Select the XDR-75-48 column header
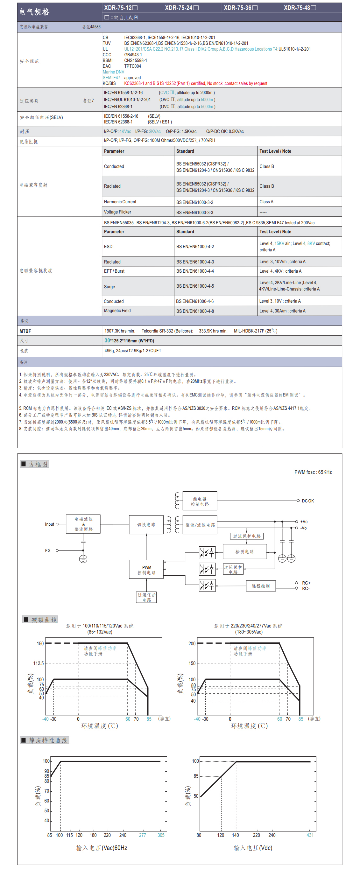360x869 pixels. (300, 7)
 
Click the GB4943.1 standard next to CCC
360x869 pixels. (133, 55)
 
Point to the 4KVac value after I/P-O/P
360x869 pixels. (125, 131)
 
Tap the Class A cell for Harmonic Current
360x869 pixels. (266, 202)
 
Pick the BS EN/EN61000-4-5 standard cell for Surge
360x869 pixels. (195, 286)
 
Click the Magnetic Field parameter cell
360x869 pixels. (117, 311)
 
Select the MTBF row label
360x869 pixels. (25, 331)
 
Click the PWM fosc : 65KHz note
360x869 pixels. (313, 472)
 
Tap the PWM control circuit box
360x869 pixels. (146, 570)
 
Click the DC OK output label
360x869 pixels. (308, 501)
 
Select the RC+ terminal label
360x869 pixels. (306, 583)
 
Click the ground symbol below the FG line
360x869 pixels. (83, 559)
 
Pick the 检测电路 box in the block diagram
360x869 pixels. (244, 551)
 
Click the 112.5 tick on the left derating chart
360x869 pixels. (39, 663)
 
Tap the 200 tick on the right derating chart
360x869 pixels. (192, 643)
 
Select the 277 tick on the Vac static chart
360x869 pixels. (142, 835)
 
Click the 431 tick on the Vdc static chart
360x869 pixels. (310, 835)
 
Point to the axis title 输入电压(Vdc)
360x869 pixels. (253, 848)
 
